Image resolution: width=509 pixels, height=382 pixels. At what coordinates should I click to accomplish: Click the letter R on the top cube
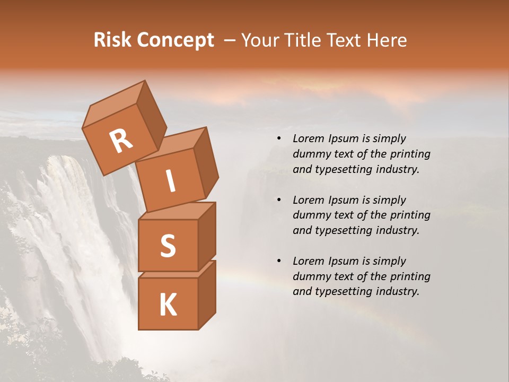(121, 142)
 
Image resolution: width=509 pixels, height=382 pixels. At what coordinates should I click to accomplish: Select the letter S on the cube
(168, 246)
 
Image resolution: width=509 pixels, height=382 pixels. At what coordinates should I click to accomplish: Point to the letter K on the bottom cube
(168, 305)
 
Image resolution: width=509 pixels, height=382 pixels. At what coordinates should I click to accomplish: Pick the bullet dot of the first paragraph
(279, 139)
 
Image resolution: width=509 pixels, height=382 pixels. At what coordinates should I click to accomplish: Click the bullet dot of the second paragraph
(279, 201)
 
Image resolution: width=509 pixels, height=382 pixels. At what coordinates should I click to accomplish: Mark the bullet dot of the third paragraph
(279, 262)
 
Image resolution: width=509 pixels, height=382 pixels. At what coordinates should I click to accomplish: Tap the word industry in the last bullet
(398, 291)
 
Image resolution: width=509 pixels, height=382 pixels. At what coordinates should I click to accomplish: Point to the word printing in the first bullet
(411, 154)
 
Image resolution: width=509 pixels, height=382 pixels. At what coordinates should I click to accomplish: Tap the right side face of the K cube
(207, 294)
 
